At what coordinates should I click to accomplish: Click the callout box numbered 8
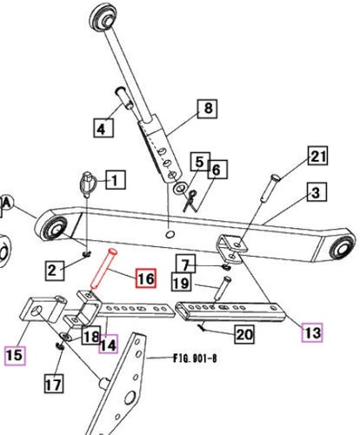pos(208,110)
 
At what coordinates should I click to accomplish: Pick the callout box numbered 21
pos(317,157)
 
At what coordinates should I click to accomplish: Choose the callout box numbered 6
pos(217,169)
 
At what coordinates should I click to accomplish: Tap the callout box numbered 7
pos(185,264)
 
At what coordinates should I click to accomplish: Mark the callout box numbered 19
pos(182,283)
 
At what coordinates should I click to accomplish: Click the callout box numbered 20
pos(243,334)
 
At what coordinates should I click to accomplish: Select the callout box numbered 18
pos(89,337)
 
